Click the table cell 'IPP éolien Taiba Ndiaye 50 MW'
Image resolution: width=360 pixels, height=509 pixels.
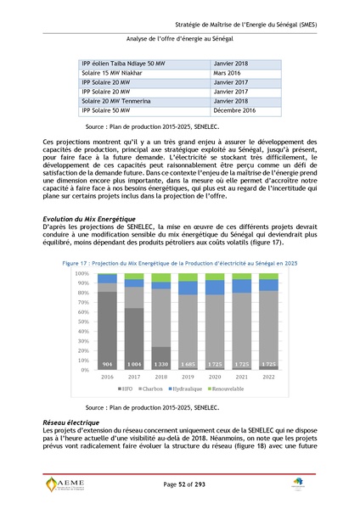pos(124,64)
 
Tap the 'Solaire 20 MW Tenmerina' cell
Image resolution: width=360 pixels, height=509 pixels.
pos(119,99)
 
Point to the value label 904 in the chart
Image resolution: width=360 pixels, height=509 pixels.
pos(108,363)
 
